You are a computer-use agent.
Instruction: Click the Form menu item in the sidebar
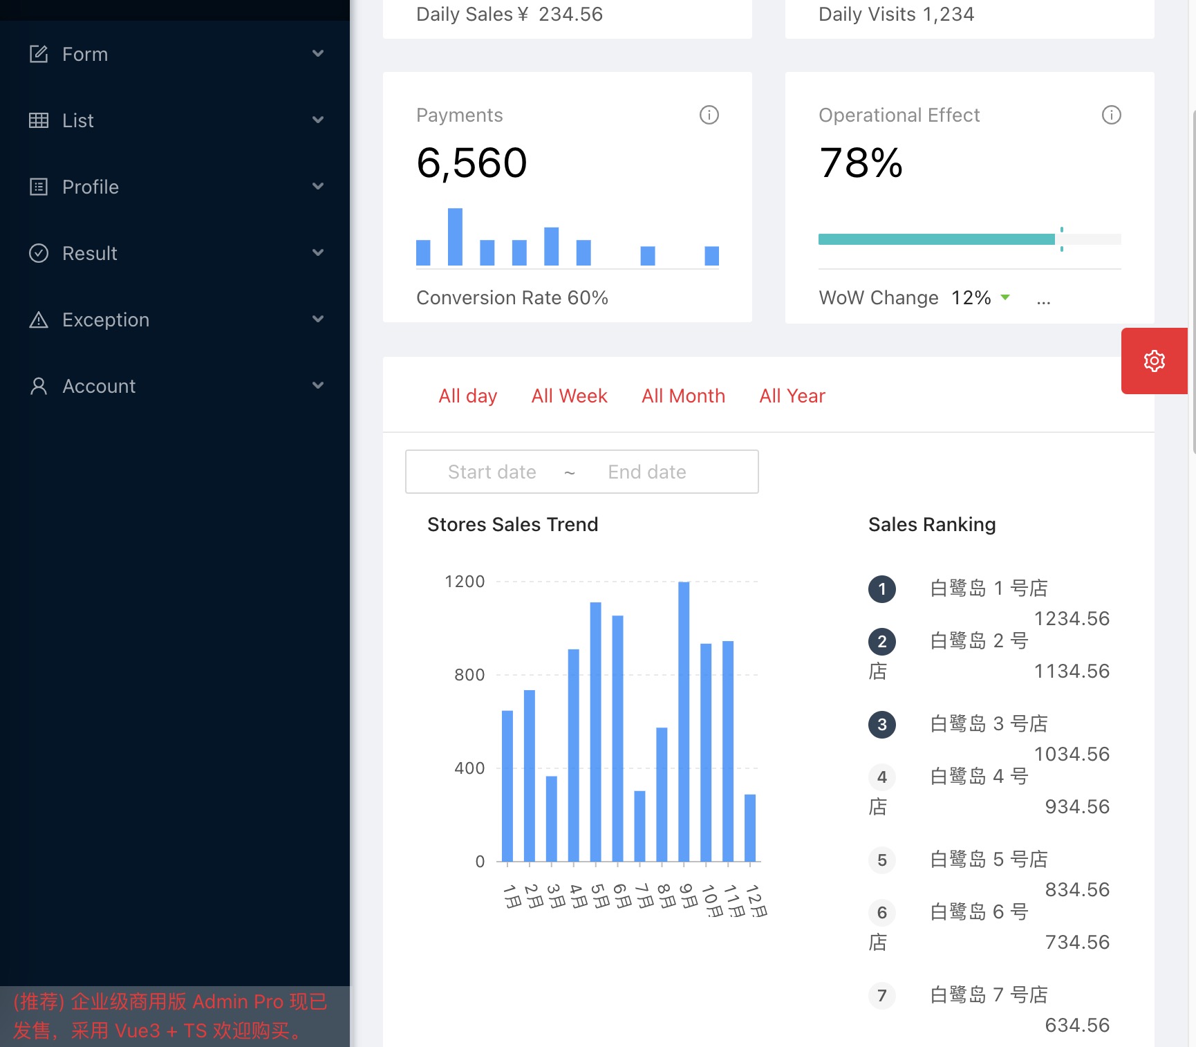[x=85, y=54]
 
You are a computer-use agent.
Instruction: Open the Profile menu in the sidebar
[x=91, y=187]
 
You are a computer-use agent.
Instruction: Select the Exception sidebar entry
[x=105, y=319]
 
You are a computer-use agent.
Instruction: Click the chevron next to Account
[x=318, y=385]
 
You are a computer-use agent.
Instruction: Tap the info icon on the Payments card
[x=709, y=115]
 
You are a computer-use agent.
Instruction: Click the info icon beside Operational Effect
[x=1111, y=115]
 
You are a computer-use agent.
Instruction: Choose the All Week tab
[x=569, y=396]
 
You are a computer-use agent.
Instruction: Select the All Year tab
[x=792, y=396]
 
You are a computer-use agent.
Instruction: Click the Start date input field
[x=492, y=472]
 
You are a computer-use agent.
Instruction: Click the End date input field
[x=647, y=472]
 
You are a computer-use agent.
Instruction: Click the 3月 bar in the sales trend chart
[x=552, y=819]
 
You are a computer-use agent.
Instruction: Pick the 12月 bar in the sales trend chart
[x=750, y=828]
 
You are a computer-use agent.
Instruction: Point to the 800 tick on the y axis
[x=469, y=675]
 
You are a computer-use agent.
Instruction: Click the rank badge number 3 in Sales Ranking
[x=881, y=725]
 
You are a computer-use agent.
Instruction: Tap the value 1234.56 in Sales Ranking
[x=1072, y=618]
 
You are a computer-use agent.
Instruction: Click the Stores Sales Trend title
[x=512, y=524]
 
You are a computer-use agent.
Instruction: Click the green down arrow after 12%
[x=1005, y=297]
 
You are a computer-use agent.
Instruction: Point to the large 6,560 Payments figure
[x=471, y=163]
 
